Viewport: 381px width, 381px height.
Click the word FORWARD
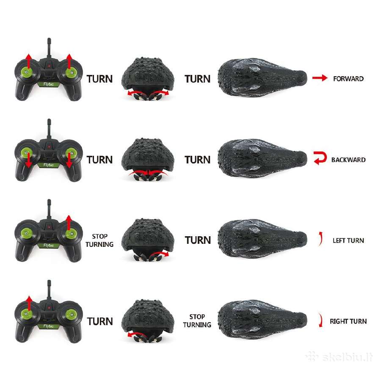pos(348,79)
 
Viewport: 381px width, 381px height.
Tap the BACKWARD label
pos(348,160)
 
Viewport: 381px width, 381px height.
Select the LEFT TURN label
pos(348,240)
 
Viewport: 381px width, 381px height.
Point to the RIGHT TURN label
pos(348,321)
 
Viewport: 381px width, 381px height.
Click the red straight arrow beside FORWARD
pos(320,78)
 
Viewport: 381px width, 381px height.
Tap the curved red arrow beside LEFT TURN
pos(321,239)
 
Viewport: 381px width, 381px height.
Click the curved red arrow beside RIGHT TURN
pos(321,320)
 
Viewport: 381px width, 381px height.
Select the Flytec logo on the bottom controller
pos(48,326)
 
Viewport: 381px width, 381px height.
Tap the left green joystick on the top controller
pos(27,72)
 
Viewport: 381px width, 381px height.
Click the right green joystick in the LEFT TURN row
pos(71,234)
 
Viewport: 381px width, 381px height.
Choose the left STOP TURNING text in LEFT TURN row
pos(99,240)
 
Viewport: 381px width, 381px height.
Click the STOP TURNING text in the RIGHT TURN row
pos(197,321)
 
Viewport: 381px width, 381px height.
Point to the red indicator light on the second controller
pos(49,147)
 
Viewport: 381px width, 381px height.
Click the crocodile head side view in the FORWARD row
pos(262,78)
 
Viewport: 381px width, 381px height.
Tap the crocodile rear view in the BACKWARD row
pos(148,159)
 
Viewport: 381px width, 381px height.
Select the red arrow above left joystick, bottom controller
pos(29,303)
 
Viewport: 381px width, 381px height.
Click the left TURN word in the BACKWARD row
pos(99,160)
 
